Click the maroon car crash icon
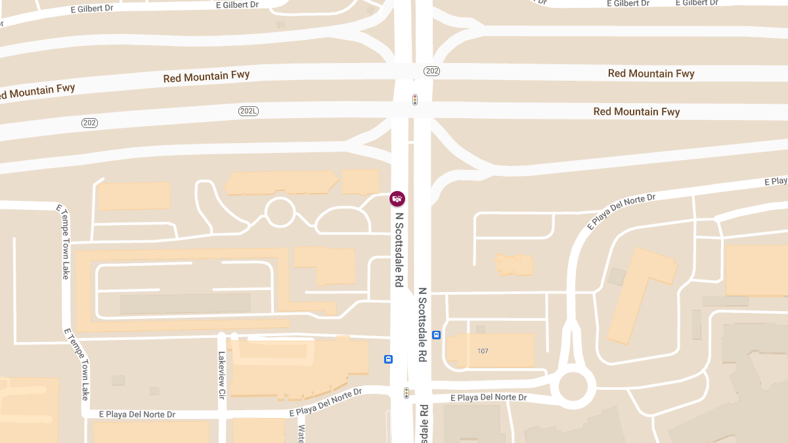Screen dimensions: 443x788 pyautogui.click(x=397, y=198)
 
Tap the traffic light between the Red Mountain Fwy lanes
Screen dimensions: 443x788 pyautogui.click(x=415, y=100)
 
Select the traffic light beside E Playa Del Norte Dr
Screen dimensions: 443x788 pyautogui.click(x=406, y=393)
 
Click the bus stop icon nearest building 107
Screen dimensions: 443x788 pyautogui.click(x=437, y=335)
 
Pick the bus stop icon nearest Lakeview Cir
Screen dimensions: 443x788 pyautogui.click(x=389, y=359)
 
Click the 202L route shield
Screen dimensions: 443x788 pyautogui.click(x=248, y=112)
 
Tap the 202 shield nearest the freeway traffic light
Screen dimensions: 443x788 pyautogui.click(x=431, y=71)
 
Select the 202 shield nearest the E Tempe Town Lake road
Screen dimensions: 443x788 pyautogui.click(x=90, y=123)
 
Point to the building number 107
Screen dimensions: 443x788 pyautogui.click(x=483, y=351)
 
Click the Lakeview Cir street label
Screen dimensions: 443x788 pyautogui.click(x=221, y=368)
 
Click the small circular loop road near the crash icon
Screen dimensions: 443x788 pyautogui.click(x=279, y=213)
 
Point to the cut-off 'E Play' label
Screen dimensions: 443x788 pyautogui.click(x=776, y=181)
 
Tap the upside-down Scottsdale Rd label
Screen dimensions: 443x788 pyautogui.click(x=424, y=423)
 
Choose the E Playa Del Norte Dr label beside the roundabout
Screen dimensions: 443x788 pyautogui.click(x=489, y=398)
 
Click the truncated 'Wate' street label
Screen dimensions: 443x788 pyautogui.click(x=301, y=433)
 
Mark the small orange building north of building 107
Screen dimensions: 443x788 pyautogui.click(x=515, y=264)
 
